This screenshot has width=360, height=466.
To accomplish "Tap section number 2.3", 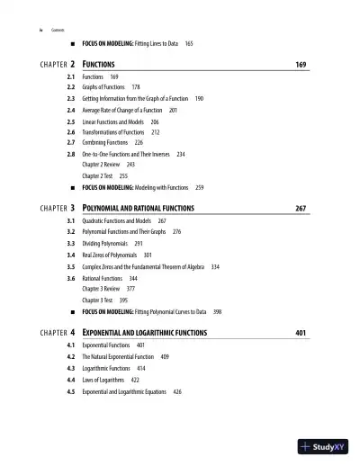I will (70, 97).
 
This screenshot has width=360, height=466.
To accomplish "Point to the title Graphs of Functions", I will (106, 87).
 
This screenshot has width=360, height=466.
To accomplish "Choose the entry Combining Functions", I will (105, 142).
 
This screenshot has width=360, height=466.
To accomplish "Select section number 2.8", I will (70, 155).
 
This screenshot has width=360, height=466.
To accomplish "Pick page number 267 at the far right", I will (301, 208).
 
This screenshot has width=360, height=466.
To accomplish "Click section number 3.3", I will (70, 243).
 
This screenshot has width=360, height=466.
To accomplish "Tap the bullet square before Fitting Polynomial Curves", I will (70, 311).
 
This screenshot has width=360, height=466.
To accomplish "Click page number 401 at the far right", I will (301, 333).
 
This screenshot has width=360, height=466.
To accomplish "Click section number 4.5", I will (70, 391).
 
